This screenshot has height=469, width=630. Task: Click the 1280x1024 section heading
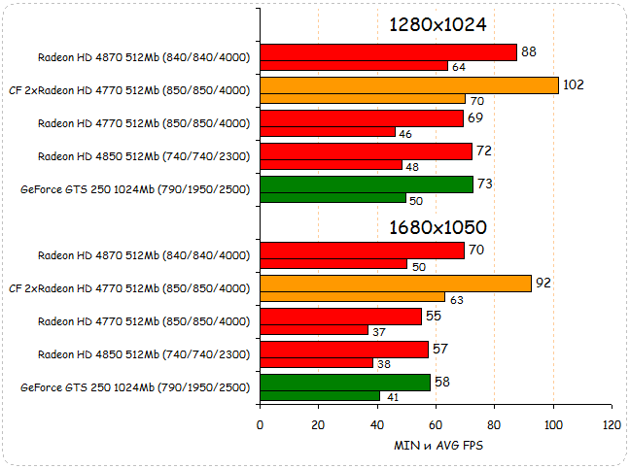click(x=437, y=24)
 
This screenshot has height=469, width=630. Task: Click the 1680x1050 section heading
click(x=437, y=227)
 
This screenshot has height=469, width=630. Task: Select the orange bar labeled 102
click(x=408, y=85)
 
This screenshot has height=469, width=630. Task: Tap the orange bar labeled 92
click(x=395, y=284)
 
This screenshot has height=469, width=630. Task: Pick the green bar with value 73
click(x=367, y=184)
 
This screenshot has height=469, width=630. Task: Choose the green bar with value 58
click(x=344, y=383)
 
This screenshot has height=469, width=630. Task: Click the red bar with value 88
click(x=388, y=52)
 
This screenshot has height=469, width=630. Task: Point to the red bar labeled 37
click(x=314, y=330)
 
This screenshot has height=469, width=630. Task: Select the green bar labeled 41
click(x=320, y=396)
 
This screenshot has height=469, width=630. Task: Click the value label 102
click(x=573, y=84)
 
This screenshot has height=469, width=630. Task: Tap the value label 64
click(x=459, y=67)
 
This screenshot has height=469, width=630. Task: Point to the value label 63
click(x=456, y=299)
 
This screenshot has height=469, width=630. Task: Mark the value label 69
click(x=475, y=117)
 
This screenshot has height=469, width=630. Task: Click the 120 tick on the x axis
click(x=612, y=425)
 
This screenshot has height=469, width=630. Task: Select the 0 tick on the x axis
click(x=260, y=425)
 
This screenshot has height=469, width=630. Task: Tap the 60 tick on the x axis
click(x=436, y=425)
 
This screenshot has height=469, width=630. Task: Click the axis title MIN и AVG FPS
click(x=436, y=445)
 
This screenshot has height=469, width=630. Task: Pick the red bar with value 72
click(x=366, y=151)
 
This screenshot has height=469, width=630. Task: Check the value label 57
click(x=440, y=349)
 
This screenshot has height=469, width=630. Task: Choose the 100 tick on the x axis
click(x=553, y=425)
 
